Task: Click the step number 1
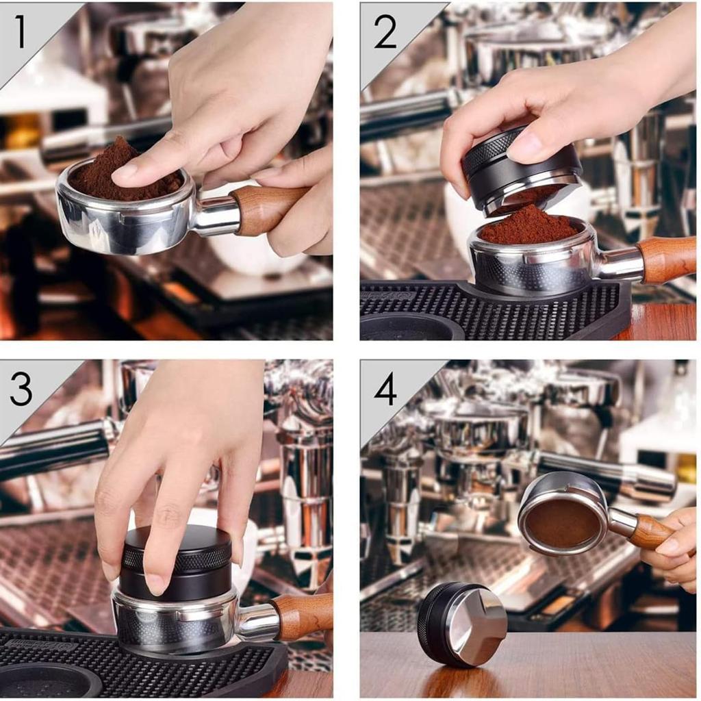(20, 31)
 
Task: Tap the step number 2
(385, 31)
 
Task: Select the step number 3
(21, 390)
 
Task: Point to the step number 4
(385, 389)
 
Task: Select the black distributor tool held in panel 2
(521, 168)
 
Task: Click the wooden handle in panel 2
(667, 259)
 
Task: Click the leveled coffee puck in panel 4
(563, 522)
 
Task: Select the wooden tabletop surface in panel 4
(528, 666)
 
